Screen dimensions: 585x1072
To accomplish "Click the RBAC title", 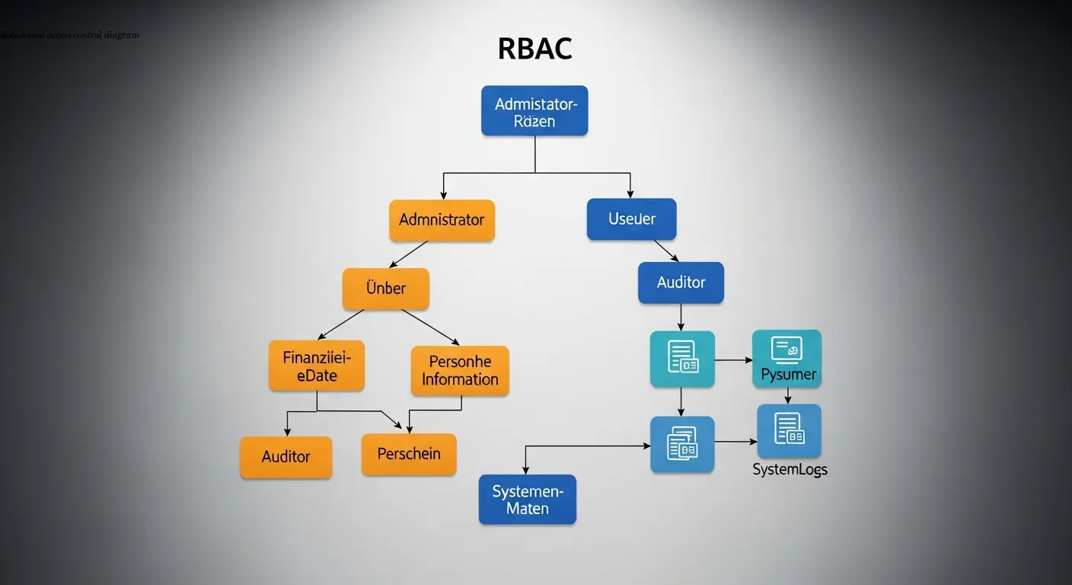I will (534, 49).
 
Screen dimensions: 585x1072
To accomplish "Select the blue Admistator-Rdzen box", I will (534, 111).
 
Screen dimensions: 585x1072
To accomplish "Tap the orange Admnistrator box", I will (442, 220).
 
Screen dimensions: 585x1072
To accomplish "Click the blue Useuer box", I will (631, 219).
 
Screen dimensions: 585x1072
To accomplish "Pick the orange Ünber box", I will (386, 289).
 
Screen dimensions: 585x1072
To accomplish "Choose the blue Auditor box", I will (681, 283).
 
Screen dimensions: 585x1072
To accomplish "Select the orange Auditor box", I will (286, 457).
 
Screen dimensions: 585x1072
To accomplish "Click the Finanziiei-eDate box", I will (316, 366).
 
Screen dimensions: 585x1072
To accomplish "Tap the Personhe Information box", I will (460, 371).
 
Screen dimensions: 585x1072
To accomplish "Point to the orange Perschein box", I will (409, 454).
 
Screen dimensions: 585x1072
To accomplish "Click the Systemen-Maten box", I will (527, 500).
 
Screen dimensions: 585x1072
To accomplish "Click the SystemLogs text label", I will (790, 470).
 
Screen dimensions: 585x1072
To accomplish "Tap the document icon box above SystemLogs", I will (789, 430).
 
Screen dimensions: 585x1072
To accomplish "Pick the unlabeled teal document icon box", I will (681, 359).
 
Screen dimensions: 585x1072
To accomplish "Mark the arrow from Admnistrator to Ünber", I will (409, 254).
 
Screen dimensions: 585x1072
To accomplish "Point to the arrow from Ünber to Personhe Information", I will (430, 327).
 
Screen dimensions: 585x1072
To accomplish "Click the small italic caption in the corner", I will (69, 35).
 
